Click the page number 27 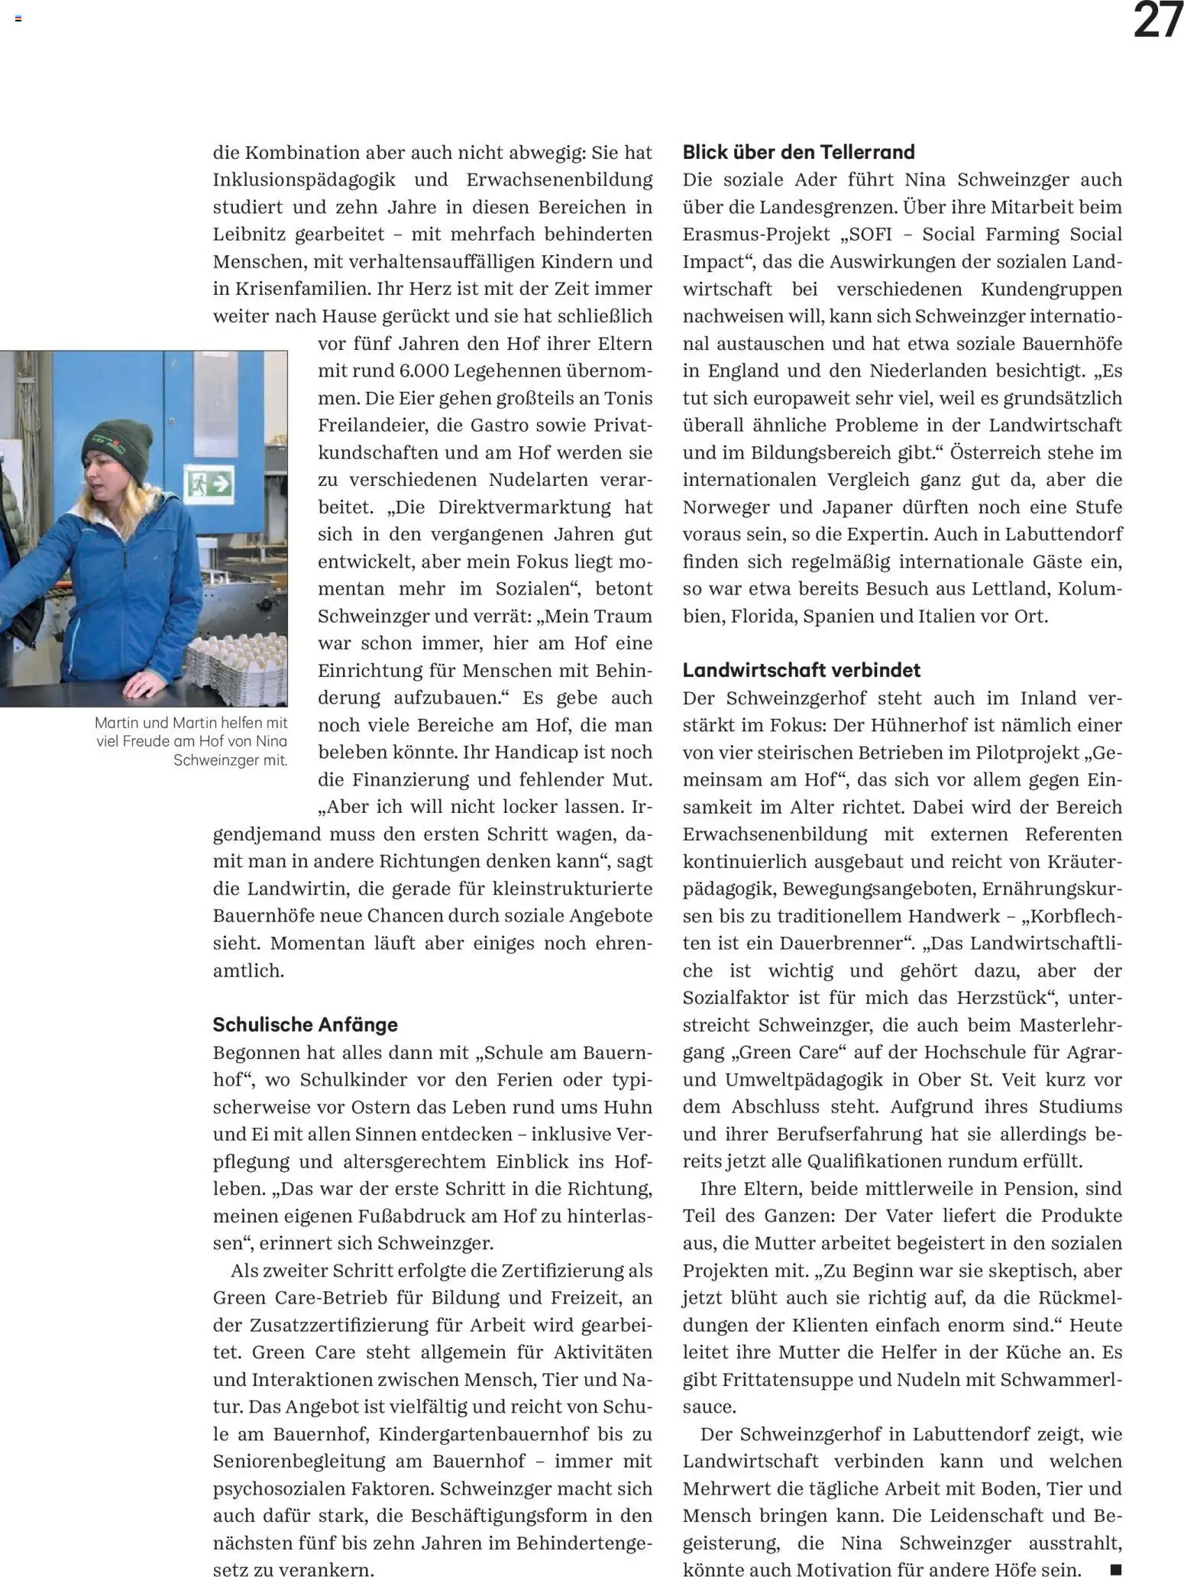[x=1157, y=21]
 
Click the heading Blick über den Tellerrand [x=798, y=152]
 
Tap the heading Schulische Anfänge [x=305, y=1025]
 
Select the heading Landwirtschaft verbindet [x=801, y=670]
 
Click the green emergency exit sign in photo [x=209, y=483]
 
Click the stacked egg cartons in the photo [x=237, y=662]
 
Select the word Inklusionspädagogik [x=304, y=180]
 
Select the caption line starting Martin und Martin [x=191, y=723]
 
